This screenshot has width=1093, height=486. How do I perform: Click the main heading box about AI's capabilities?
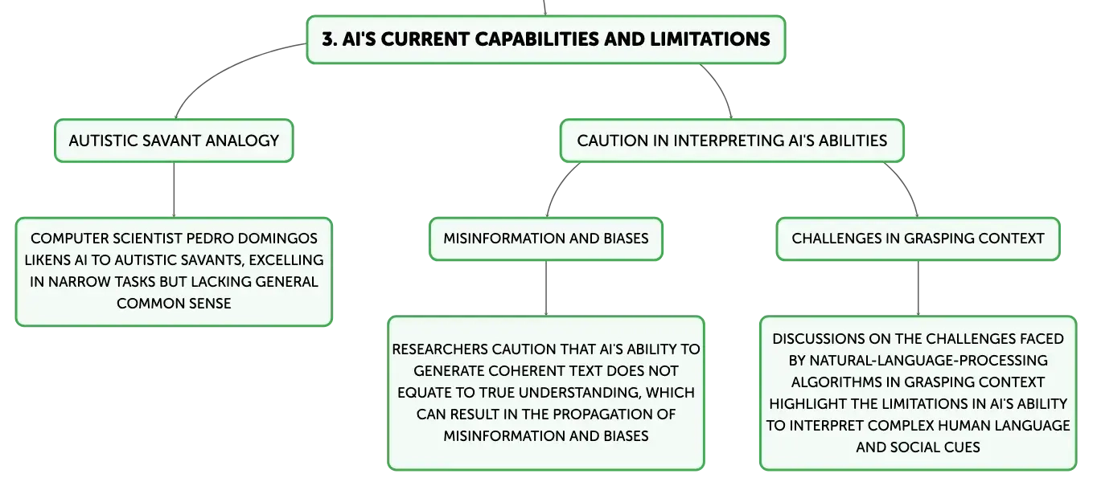click(x=545, y=39)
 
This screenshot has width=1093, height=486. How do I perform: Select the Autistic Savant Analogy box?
click(x=174, y=141)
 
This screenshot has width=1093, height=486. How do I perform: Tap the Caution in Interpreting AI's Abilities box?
click(x=732, y=141)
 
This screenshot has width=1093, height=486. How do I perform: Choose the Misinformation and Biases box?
click(x=545, y=239)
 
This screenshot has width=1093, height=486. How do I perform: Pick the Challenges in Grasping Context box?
click(x=918, y=239)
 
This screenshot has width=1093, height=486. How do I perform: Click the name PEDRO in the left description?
click(x=210, y=239)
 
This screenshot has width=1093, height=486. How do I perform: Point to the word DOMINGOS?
click(x=278, y=239)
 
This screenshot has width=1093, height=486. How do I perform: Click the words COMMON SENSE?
click(x=174, y=303)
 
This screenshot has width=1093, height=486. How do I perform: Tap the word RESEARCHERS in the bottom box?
click(x=440, y=349)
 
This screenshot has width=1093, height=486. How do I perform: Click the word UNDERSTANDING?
click(x=581, y=392)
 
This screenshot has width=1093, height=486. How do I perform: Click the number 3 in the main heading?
click(x=329, y=39)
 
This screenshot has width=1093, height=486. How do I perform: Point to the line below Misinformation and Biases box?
click(x=546, y=288)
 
